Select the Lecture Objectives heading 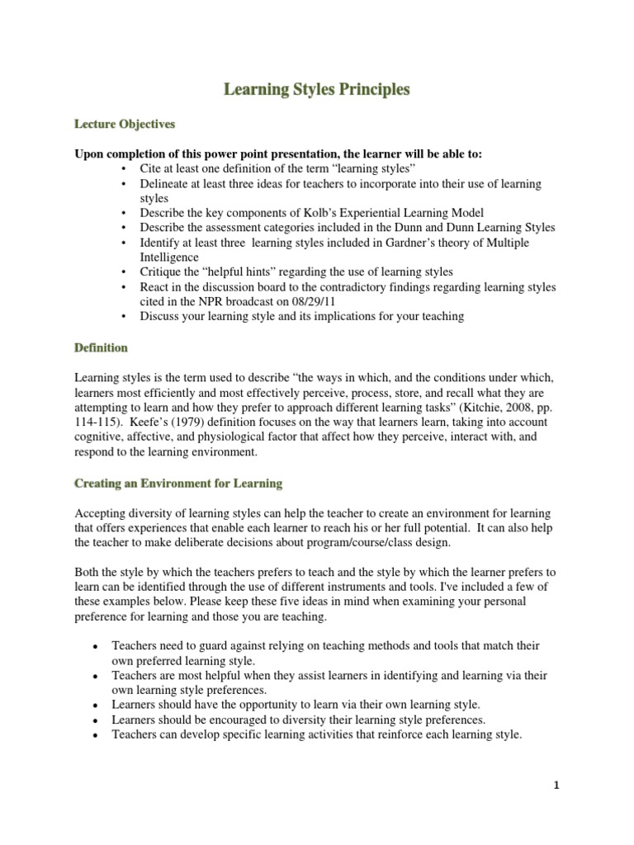125,124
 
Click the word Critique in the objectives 162,271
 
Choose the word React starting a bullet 156,286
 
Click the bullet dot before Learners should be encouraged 97,720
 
